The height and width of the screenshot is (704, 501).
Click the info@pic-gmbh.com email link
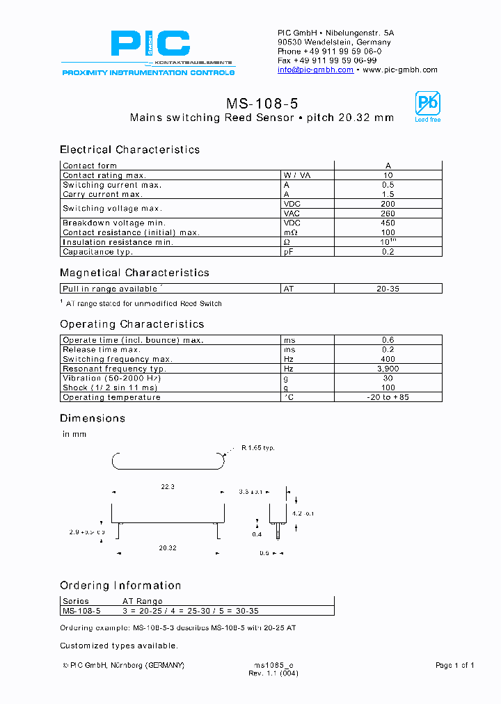(315, 70)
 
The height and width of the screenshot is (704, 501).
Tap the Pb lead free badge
(427, 106)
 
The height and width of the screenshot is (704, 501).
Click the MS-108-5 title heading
(262, 104)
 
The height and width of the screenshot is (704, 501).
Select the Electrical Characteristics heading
(129, 150)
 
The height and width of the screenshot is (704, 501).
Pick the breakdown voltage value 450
(388, 223)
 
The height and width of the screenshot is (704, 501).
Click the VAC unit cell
(291, 214)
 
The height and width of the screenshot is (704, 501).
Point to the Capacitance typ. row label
(97, 252)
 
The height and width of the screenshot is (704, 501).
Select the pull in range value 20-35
(388, 288)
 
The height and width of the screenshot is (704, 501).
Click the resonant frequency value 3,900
(388, 369)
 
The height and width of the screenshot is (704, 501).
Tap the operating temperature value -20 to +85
(388, 397)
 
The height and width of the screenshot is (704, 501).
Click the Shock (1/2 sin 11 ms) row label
(110, 387)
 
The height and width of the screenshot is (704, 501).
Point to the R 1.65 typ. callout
(258, 448)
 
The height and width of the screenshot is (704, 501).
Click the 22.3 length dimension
(168, 487)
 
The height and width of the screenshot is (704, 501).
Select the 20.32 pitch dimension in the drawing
(168, 548)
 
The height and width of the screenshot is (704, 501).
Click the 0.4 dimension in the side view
(257, 534)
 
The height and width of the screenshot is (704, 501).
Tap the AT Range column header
(143, 601)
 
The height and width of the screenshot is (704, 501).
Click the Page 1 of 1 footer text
(454, 666)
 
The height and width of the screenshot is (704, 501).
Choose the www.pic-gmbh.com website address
(400, 70)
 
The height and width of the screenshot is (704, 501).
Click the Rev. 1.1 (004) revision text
(273, 674)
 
